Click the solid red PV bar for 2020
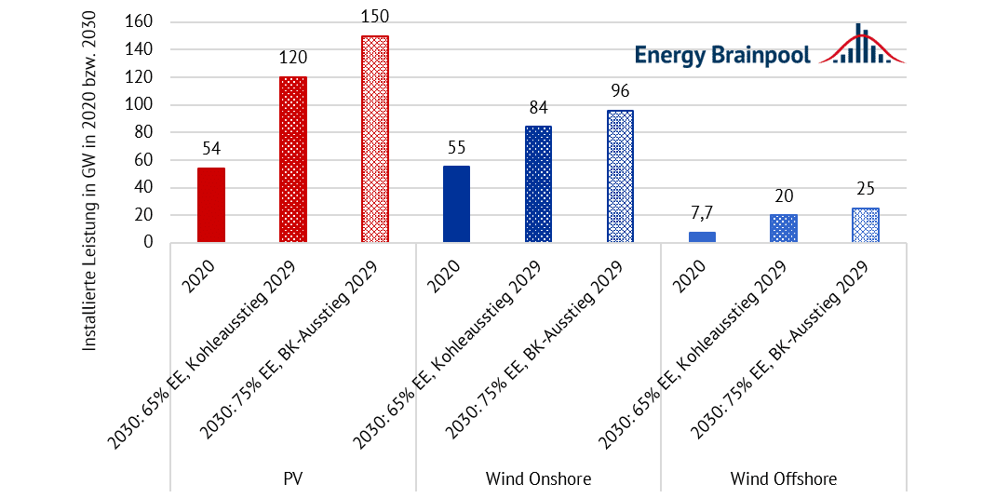(x=210, y=205)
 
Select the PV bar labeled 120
(x=292, y=159)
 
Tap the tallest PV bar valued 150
(x=374, y=140)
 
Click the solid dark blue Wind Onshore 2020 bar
(x=456, y=204)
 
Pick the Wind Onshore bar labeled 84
(x=538, y=184)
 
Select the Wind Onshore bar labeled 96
(x=620, y=176)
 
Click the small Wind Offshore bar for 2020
(x=702, y=236)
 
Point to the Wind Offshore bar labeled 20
(x=784, y=228)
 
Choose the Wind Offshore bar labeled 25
(x=866, y=225)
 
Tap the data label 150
(x=374, y=18)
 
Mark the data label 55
(x=456, y=147)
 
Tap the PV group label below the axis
(x=292, y=479)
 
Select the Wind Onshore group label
(x=538, y=479)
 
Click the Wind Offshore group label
(x=784, y=479)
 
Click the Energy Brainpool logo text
(x=723, y=54)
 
